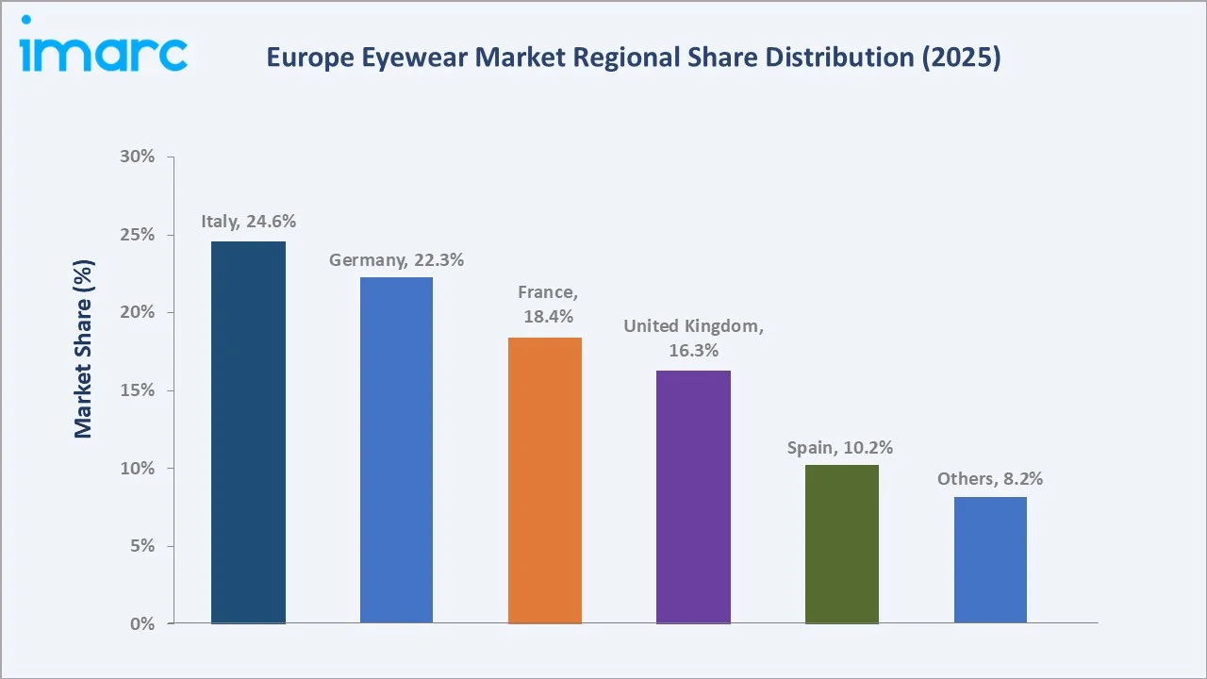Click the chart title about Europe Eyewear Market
point(633,58)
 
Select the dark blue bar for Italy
point(248,432)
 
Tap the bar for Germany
point(396,450)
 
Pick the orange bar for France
point(545,480)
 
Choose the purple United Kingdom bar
point(693,497)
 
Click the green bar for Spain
point(841,544)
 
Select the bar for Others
point(990,560)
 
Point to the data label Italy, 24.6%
point(248,222)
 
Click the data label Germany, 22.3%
point(396,259)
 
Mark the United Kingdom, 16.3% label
point(693,338)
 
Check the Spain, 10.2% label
point(840,447)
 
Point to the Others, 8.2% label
point(990,479)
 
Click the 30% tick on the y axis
point(138,157)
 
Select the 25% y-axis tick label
point(138,235)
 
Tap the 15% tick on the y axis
point(138,390)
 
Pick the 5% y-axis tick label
point(141,546)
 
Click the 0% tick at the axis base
point(141,624)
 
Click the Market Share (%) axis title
point(84,349)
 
